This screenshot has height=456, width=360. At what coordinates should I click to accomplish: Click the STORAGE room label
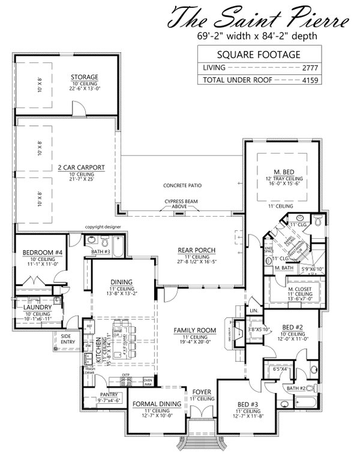85,77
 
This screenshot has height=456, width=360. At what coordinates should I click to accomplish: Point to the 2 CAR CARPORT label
83,167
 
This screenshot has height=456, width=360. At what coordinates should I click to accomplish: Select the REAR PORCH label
196,250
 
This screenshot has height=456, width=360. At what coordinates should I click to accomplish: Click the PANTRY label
109,395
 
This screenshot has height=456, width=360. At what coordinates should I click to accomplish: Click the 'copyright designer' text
103,227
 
